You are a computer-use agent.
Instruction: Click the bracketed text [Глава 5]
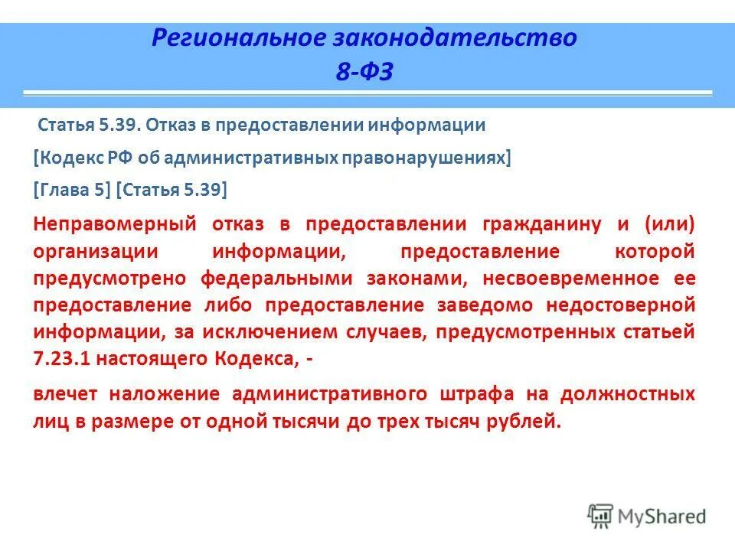tap(73, 189)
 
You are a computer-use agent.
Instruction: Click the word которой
tap(655, 251)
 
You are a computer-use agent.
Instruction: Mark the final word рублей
tap(529, 422)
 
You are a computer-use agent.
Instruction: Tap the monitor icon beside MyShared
tap(600, 517)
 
